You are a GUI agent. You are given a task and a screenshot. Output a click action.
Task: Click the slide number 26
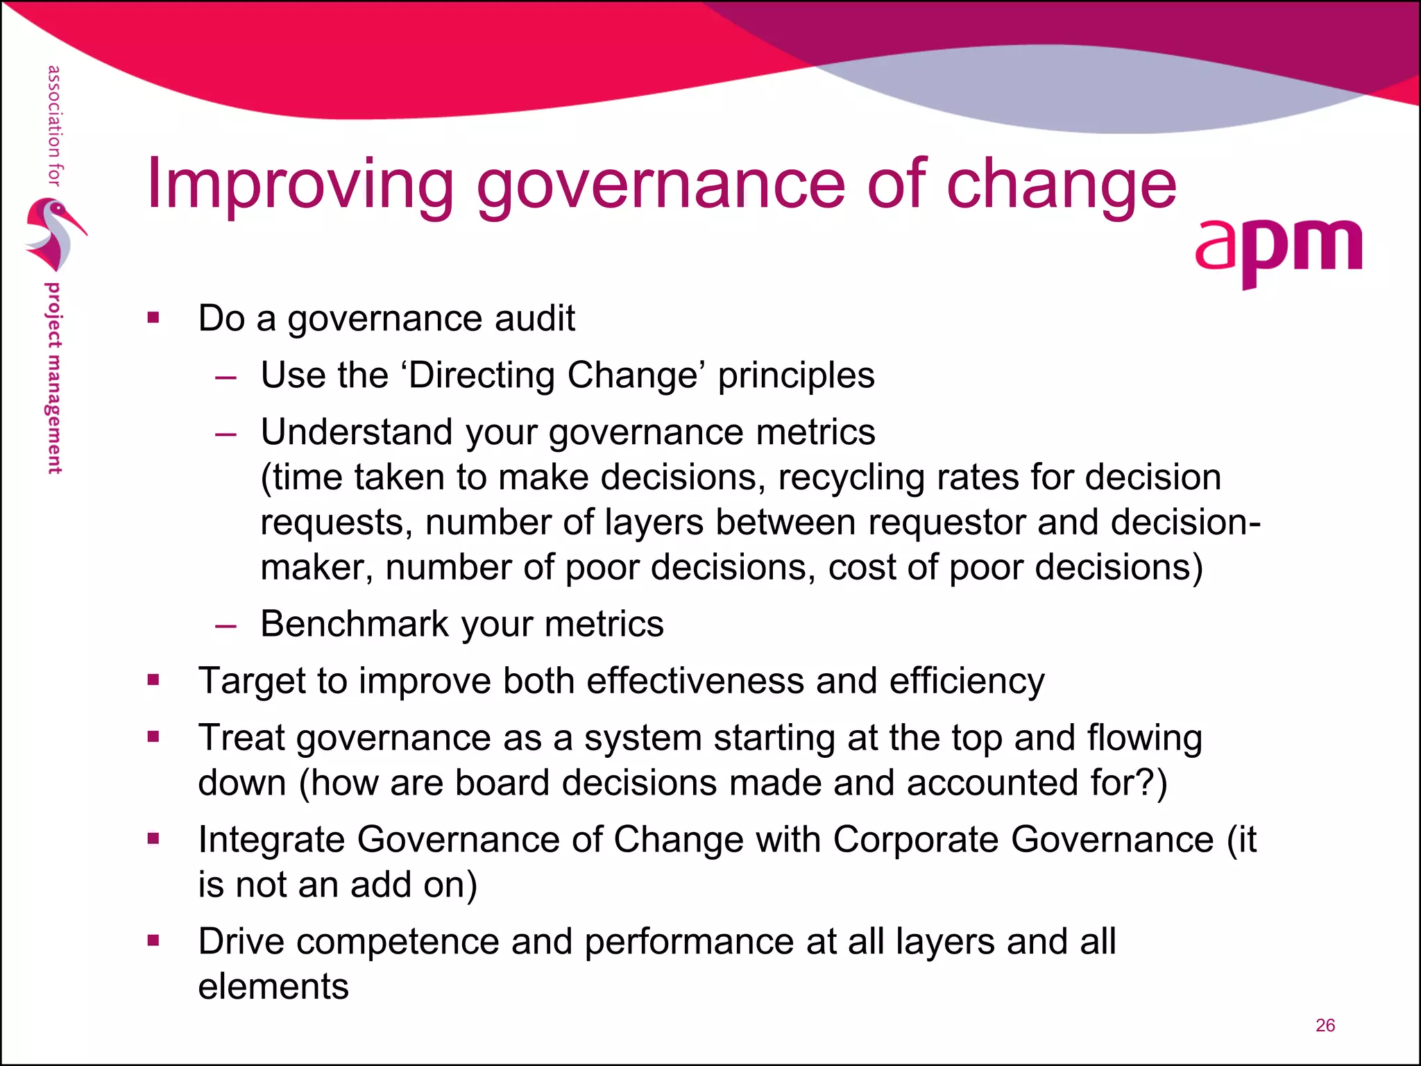coord(1325,1026)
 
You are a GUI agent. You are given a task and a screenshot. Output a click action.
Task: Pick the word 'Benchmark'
coord(355,624)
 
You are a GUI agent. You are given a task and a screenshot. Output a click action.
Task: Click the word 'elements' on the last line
coord(273,987)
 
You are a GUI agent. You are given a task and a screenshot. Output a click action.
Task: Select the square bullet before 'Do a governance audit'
coord(153,319)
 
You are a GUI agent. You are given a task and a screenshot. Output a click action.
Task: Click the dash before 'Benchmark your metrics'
coord(226,625)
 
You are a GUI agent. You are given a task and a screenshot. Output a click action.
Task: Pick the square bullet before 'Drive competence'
coord(153,942)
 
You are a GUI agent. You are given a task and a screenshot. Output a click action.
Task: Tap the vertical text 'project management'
coord(53,378)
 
